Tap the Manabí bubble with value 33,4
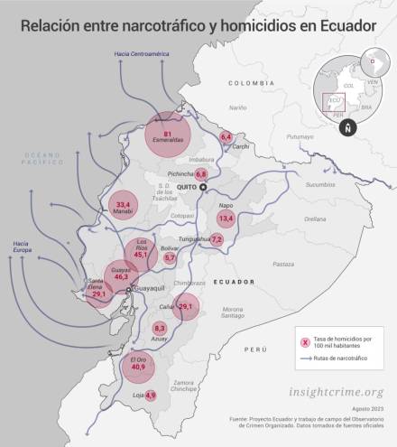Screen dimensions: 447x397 (x=124, y=208)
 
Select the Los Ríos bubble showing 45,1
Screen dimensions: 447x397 (x=141, y=250)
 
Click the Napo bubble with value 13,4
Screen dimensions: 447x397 (x=226, y=219)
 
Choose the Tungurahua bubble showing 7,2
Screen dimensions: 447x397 (x=217, y=239)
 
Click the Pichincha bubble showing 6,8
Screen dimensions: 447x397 (x=201, y=172)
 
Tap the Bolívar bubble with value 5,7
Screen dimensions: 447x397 (x=170, y=258)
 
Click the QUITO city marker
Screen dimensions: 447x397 (x=204, y=187)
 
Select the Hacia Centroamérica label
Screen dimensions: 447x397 (x=136, y=55)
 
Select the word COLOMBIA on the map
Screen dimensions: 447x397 (x=249, y=82)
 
